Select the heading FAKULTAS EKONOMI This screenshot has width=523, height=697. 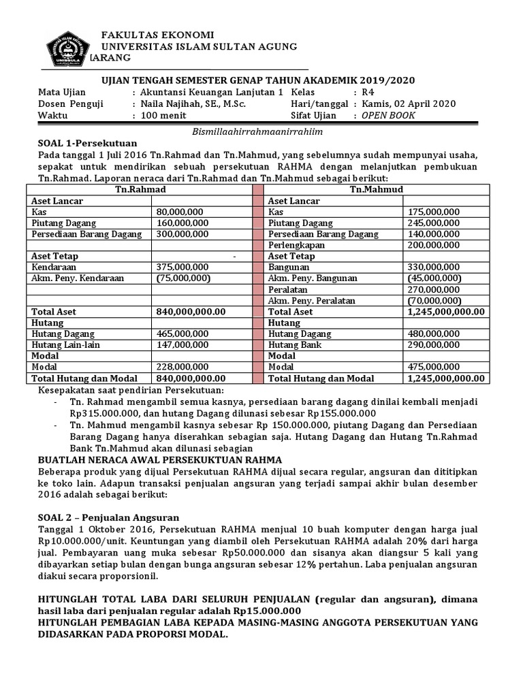[157, 35]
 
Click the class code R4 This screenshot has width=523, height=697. [368, 92]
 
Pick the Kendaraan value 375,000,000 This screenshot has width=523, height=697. [183, 267]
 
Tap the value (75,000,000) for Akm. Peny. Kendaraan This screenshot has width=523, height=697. [183, 278]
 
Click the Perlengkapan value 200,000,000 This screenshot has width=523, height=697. [434, 245]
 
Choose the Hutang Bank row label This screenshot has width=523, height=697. [295, 344]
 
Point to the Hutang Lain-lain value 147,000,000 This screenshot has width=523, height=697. [183, 344]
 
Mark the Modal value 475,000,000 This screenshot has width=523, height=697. [434, 367]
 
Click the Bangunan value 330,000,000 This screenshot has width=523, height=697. [434, 267]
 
